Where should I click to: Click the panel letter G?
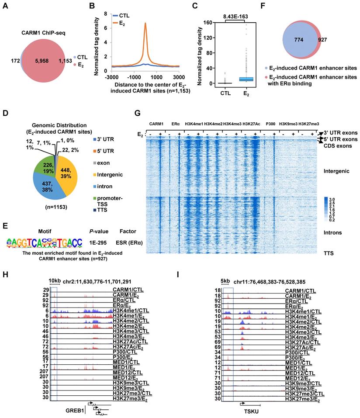138,113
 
